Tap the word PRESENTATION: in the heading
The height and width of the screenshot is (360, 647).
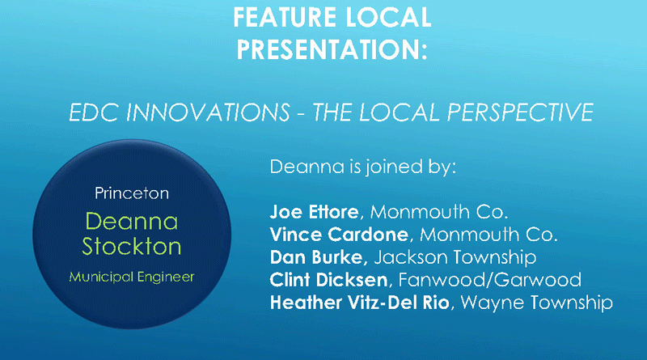coord(332,49)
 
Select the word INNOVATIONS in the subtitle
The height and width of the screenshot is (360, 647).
coord(208,112)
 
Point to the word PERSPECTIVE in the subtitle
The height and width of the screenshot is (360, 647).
coord(520,112)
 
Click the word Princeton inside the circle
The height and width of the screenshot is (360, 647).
coord(132,193)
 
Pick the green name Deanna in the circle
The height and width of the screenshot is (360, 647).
coord(132,222)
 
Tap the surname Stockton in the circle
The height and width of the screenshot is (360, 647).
coord(132,247)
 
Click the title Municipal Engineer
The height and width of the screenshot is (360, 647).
coord(132,277)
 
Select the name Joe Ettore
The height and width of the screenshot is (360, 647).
coord(314,212)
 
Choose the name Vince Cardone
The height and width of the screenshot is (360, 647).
coord(339,235)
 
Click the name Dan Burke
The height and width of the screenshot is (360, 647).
coord(319,257)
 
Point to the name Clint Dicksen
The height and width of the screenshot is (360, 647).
coord(329,280)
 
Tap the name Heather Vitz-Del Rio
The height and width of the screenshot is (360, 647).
coord(359,303)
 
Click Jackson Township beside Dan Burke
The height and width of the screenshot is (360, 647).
coord(455,257)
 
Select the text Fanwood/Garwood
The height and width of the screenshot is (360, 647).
coord(490,280)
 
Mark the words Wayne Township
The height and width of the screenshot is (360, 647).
coord(536,303)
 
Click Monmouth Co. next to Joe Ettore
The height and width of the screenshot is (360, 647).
coord(439,212)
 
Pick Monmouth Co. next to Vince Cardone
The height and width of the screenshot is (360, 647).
coord(488,235)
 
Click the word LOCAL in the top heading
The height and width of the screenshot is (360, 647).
coord(389,17)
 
